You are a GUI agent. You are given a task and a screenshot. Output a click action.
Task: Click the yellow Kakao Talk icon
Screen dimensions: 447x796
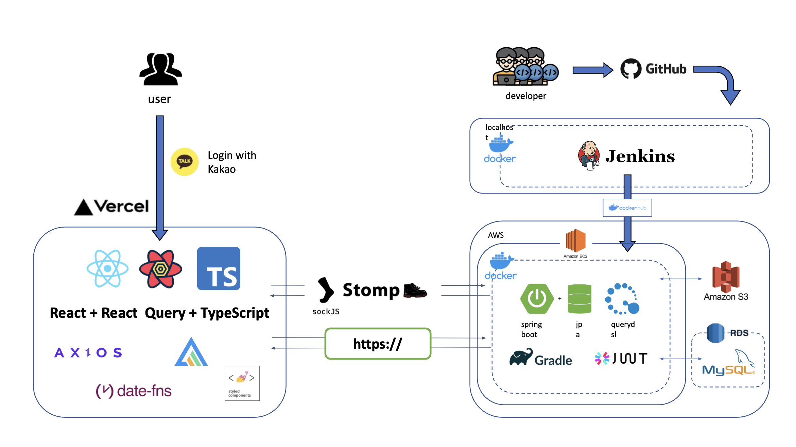(x=185, y=162)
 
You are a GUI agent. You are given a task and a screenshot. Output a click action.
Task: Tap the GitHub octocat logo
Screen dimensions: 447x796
(x=631, y=69)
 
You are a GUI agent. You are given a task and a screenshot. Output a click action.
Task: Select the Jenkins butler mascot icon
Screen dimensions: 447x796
(x=589, y=156)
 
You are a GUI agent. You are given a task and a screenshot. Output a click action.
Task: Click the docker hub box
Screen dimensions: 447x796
(x=627, y=208)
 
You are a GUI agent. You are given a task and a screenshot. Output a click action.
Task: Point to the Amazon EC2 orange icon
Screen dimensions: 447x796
(x=575, y=241)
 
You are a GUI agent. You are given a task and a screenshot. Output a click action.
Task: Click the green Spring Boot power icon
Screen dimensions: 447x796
(x=537, y=299)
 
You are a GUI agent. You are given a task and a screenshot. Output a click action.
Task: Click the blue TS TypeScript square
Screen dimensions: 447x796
(x=219, y=269)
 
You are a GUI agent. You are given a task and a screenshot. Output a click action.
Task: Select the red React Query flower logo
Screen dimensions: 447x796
(x=160, y=269)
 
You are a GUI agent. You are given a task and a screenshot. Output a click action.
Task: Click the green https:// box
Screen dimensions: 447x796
(x=378, y=344)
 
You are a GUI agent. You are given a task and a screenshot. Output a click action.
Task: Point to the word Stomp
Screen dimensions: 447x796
(x=371, y=291)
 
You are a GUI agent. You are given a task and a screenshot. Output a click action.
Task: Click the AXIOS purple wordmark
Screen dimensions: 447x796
(x=88, y=352)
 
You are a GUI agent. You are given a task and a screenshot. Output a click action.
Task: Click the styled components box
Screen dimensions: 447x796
(x=242, y=383)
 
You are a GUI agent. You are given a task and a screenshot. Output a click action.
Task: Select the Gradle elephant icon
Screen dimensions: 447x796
(x=521, y=357)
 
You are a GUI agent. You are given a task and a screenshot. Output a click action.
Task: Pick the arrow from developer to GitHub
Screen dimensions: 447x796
(x=592, y=70)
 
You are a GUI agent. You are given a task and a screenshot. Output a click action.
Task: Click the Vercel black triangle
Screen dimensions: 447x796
(x=83, y=208)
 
